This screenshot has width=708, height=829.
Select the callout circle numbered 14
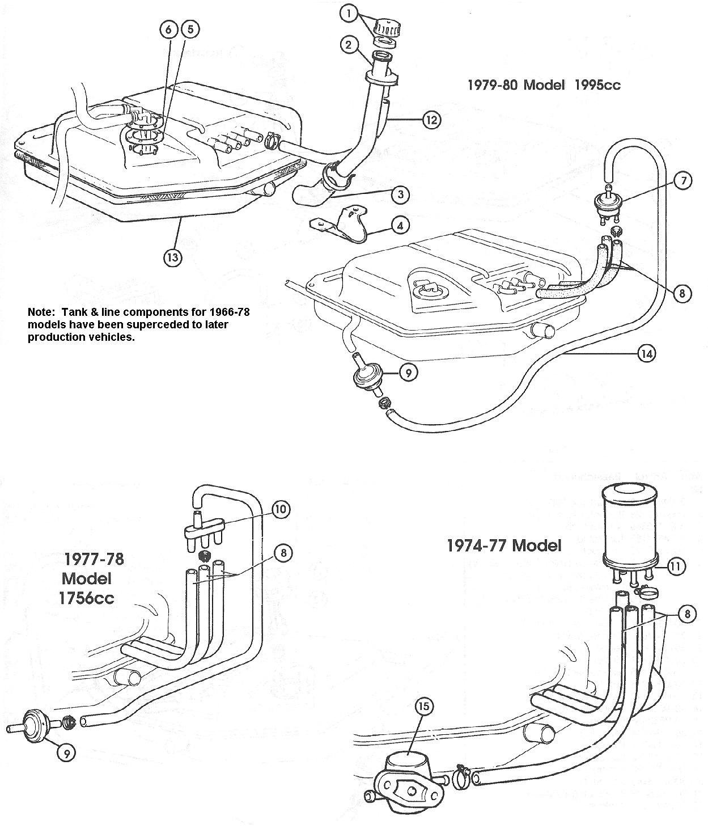pyautogui.click(x=646, y=354)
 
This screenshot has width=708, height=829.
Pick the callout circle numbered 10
pyautogui.click(x=281, y=509)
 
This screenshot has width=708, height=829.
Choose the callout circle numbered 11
pyautogui.click(x=677, y=565)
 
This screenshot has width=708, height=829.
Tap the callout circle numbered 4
pyautogui.click(x=400, y=225)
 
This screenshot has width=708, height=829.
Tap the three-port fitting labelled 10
pyautogui.click(x=203, y=531)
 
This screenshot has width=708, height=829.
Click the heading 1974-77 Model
pyautogui.click(x=504, y=545)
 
